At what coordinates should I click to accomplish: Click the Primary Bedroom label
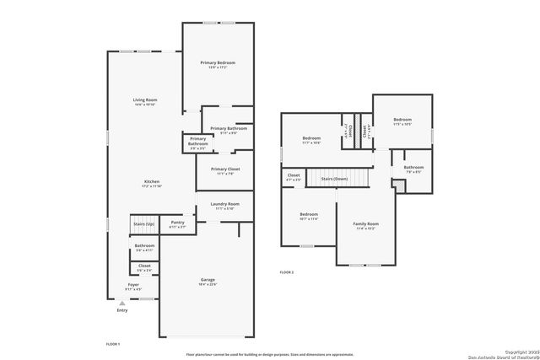click(x=218, y=63)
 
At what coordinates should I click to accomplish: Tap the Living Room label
click(x=145, y=100)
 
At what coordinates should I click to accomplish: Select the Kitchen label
click(x=152, y=181)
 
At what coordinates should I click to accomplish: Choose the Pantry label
click(x=178, y=223)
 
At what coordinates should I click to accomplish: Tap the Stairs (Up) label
click(x=143, y=223)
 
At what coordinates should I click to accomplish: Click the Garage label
click(x=208, y=279)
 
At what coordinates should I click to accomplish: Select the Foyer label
click(x=133, y=285)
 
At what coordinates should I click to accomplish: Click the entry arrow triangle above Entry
click(x=121, y=304)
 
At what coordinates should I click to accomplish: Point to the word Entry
click(x=121, y=310)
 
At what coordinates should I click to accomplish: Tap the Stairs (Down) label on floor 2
click(x=333, y=179)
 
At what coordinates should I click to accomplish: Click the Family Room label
click(x=366, y=223)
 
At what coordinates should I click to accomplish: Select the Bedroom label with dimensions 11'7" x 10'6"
click(x=312, y=137)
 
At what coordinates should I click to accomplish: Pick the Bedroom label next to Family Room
click(x=310, y=214)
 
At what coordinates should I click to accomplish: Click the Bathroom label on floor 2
click(x=413, y=167)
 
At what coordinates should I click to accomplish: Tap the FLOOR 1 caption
click(x=113, y=344)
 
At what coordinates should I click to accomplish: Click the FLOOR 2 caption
click(x=288, y=272)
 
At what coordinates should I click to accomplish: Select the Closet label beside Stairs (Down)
click(x=294, y=175)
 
